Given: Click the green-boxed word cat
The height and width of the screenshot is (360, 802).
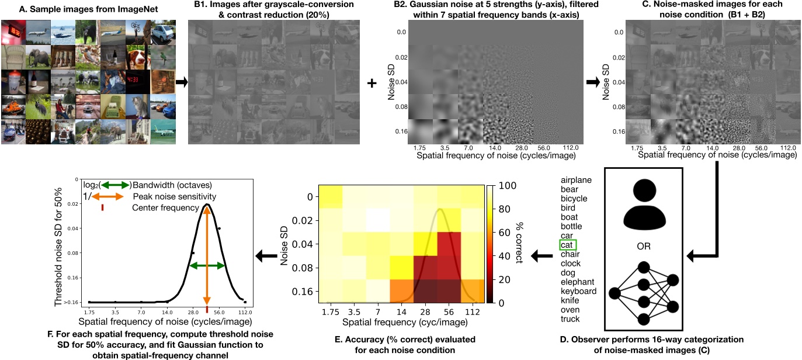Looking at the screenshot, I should pyautogui.click(x=567, y=245).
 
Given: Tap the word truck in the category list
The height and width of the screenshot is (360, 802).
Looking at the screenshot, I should pyautogui.click(x=570, y=319).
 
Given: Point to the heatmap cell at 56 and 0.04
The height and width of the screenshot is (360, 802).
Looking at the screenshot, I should pyautogui.click(x=448, y=244).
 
